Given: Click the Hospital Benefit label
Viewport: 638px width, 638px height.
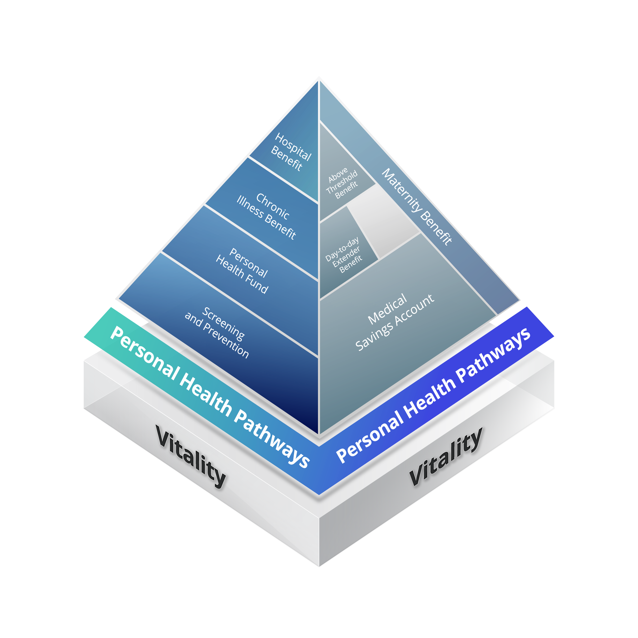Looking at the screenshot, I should coord(291,152).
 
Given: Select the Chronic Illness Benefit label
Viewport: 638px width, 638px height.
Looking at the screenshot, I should coord(266,216).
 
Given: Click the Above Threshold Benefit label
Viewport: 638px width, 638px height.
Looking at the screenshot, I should coord(342,183).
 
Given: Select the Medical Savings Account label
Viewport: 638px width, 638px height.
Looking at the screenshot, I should coord(394,322).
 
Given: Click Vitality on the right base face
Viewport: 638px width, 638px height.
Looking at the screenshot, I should coord(446,457).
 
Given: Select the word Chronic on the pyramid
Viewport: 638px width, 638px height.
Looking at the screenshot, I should coord(273,206).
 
